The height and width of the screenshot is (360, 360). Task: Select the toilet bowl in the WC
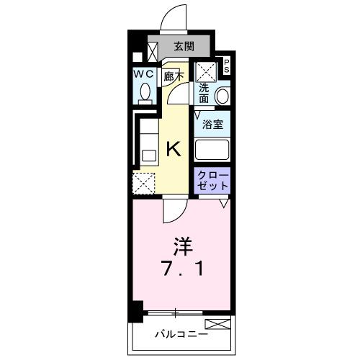click(143, 93)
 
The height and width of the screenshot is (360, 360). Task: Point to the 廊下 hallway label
click(173, 75)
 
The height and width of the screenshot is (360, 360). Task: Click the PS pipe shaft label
click(225, 67)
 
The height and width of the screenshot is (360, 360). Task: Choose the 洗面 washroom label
click(204, 94)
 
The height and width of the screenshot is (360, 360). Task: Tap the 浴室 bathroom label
click(212, 124)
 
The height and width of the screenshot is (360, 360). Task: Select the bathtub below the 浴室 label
click(212, 151)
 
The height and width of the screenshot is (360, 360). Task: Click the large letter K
click(174, 148)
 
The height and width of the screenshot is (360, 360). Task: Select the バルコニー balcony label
click(182, 334)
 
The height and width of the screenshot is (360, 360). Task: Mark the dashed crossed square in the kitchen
click(143, 183)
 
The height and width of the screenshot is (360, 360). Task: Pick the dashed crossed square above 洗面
click(207, 70)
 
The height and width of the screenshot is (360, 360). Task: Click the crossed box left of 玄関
click(153, 50)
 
